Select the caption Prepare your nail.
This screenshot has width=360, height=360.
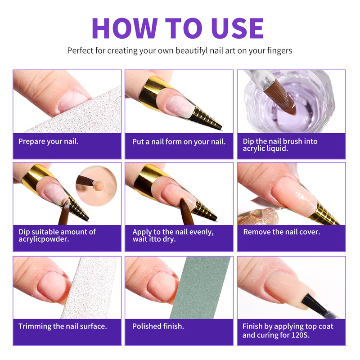click(48, 141)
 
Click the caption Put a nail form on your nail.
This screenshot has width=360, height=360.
click(179, 141)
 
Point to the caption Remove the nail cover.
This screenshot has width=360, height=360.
click(281, 232)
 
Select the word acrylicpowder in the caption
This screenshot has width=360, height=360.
click(40, 239)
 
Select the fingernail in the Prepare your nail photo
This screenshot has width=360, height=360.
click(72, 100)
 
